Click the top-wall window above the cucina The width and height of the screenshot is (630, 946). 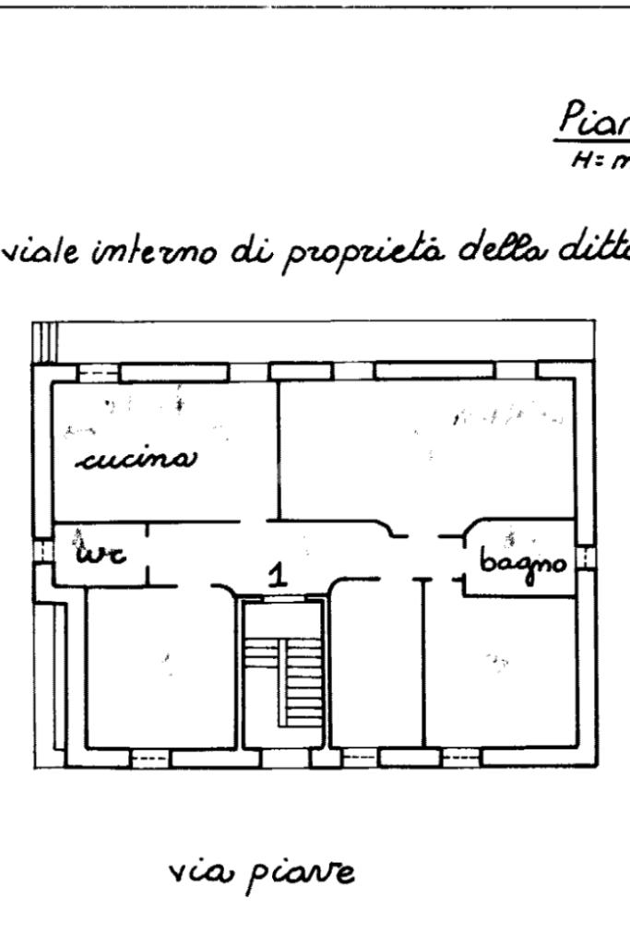pyautogui.click(x=97, y=372)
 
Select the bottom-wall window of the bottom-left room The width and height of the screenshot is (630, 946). pyautogui.click(x=148, y=759)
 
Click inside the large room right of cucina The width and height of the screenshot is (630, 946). pyautogui.click(x=424, y=448)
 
